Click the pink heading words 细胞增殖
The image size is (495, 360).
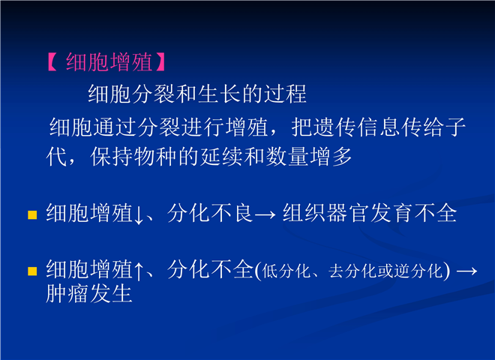(109, 62)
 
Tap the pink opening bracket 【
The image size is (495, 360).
(52, 62)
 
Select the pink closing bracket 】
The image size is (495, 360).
(160, 62)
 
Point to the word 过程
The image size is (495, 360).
(285, 94)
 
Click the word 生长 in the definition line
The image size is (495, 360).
(220, 94)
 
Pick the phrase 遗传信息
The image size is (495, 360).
(358, 127)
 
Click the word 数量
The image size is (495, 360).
(287, 157)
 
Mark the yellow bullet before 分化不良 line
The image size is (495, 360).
(32, 214)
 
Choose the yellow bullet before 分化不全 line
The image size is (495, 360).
(32, 271)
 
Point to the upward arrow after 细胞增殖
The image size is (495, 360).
(139, 271)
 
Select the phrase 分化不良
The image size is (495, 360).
(209, 213)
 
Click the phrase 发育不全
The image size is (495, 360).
(413, 213)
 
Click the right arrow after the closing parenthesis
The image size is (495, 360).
(467, 271)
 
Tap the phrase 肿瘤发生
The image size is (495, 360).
(89, 293)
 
